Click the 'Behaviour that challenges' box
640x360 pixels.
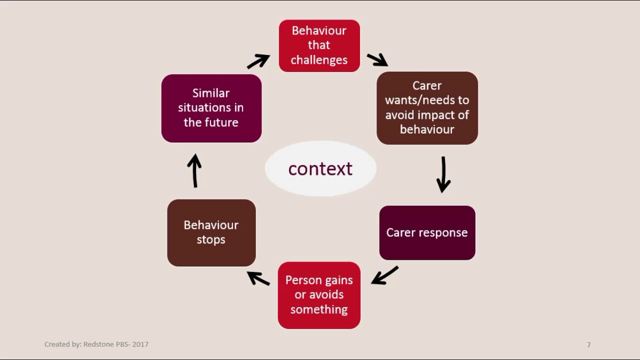click(319, 45)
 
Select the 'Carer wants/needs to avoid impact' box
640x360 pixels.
click(427, 108)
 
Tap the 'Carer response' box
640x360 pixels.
click(427, 232)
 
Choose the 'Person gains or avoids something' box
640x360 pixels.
click(319, 295)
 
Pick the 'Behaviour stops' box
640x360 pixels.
click(211, 232)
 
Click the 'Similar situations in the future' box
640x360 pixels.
click(211, 108)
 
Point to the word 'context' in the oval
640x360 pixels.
click(320, 168)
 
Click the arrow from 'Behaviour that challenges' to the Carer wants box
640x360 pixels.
click(377, 59)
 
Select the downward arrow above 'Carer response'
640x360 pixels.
click(443, 174)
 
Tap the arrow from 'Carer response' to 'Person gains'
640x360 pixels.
click(384, 275)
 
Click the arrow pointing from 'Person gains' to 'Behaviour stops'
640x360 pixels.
click(258, 278)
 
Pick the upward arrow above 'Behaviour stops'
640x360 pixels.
click(195, 170)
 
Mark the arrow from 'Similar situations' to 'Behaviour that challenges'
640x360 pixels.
click(258, 61)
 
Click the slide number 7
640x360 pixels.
click(589, 345)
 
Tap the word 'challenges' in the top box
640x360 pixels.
click(319, 60)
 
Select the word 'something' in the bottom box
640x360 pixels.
click(319, 309)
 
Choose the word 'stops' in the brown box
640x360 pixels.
click(211, 239)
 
